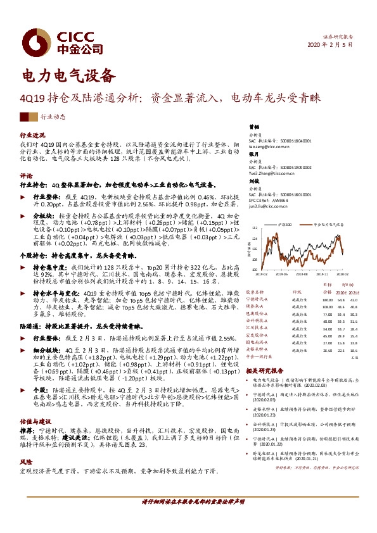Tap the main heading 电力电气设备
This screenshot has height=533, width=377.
click(70, 75)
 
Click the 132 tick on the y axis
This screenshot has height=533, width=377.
click(253, 227)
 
